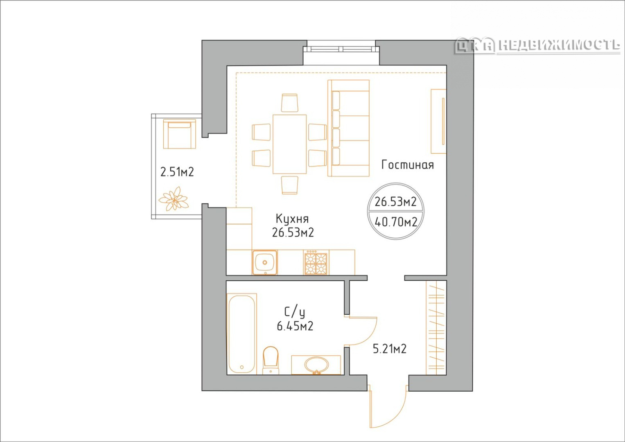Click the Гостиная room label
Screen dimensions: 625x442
click(407, 165)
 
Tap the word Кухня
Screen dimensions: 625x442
click(292, 219)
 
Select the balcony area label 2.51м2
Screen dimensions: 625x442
click(177, 172)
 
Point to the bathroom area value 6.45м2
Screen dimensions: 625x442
click(295, 326)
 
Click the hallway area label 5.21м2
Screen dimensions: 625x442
click(390, 349)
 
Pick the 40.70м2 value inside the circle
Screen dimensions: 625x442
click(396, 222)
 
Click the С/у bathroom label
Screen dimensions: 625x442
click(295, 313)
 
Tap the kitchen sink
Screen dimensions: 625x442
click(265, 262)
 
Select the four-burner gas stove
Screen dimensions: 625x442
click(316, 262)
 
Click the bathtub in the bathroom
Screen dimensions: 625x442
click(241, 334)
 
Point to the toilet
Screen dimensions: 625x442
click(271, 360)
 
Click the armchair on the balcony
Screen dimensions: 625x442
click(179, 134)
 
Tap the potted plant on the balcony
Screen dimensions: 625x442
click(173, 198)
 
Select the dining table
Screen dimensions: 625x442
click(289, 144)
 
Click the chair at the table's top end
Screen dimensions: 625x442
click(290, 103)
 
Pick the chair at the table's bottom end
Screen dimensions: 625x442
click(290, 185)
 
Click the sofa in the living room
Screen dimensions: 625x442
click(348, 129)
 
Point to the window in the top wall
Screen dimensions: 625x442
click(341, 49)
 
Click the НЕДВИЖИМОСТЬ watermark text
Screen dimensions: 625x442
click(559, 45)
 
